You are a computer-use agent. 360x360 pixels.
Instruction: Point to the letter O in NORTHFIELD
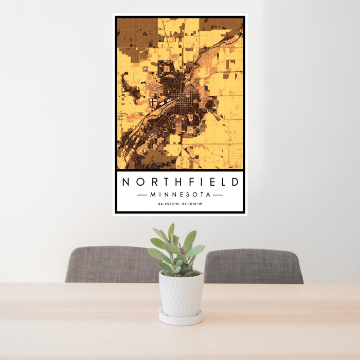point(138,182)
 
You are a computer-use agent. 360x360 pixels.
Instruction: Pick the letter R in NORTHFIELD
point(151,182)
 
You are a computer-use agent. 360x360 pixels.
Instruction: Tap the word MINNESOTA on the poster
point(180,195)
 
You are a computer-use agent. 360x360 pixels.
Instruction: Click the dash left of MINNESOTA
point(142,195)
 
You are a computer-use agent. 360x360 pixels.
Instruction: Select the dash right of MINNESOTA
point(218,195)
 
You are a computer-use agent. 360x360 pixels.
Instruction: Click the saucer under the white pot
point(181,318)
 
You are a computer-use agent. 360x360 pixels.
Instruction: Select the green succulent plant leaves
point(176,252)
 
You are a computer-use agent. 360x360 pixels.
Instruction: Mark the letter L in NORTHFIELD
point(222,182)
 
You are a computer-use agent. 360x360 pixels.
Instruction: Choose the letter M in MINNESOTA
point(152,195)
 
